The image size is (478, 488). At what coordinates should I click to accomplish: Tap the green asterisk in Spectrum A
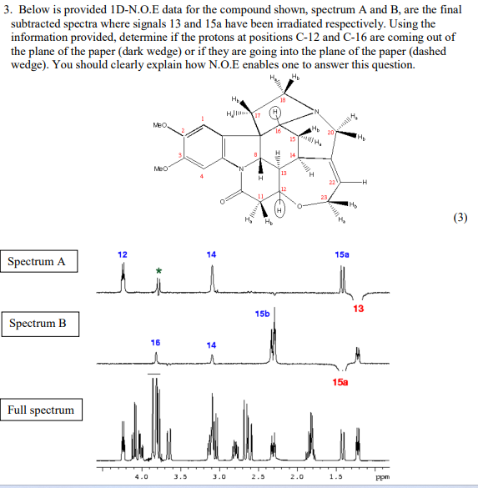(x=158, y=271)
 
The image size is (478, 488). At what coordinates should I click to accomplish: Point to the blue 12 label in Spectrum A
(x=123, y=254)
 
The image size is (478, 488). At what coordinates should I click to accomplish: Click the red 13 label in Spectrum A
(x=359, y=309)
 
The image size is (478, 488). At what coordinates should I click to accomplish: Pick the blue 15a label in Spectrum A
(x=343, y=254)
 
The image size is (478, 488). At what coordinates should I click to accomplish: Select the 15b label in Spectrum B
(x=263, y=314)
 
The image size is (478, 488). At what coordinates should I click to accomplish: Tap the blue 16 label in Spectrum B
(x=155, y=342)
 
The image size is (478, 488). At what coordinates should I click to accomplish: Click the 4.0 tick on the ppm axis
(x=141, y=478)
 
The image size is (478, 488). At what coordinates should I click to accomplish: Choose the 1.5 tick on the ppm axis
(x=335, y=478)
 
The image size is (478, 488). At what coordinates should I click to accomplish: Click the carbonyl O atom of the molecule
(x=223, y=201)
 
